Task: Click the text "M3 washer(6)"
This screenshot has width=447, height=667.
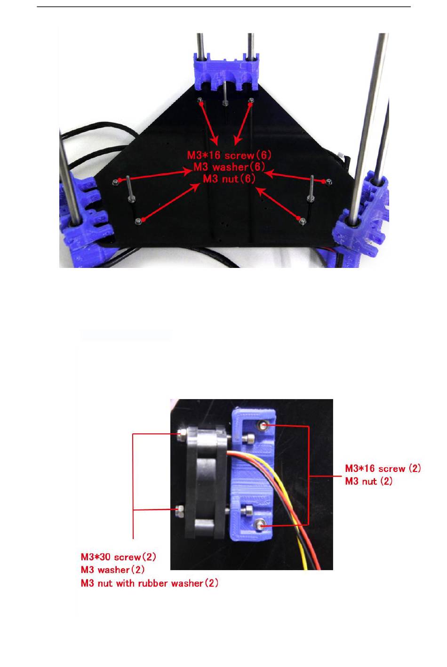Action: tap(230, 167)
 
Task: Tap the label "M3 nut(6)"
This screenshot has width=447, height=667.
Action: tap(230, 179)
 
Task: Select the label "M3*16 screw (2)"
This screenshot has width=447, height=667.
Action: tap(383, 468)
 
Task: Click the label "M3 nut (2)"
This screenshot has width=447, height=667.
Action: tap(369, 481)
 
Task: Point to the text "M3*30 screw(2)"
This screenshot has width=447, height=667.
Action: tap(119, 557)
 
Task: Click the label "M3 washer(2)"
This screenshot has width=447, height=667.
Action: tap(112, 570)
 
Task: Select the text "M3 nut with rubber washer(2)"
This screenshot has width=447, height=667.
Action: tap(150, 583)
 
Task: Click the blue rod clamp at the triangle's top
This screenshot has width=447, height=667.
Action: tap(226, 71)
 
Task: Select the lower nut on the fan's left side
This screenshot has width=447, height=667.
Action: tap(179, 510)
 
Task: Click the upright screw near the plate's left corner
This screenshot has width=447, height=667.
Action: tap(128, 190)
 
